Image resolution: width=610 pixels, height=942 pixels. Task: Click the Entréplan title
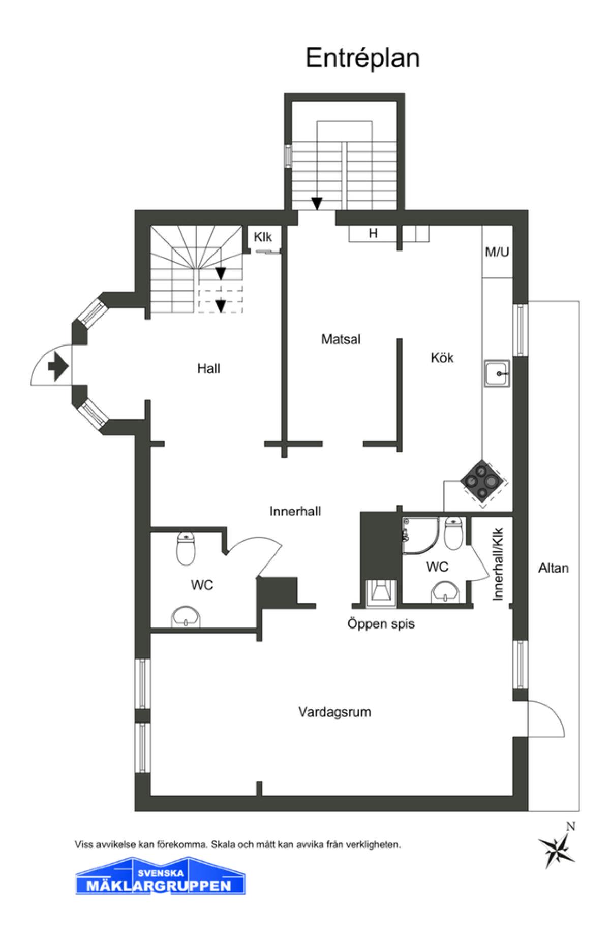click(x=362, y=59)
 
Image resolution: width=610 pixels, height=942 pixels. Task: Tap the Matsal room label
click(x=341, y=339)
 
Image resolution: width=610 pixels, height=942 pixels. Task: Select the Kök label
click(x=442, y=358)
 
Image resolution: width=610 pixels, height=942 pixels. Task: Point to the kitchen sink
click(x=497, y=374)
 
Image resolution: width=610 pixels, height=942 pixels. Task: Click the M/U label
click(x=497, y=252)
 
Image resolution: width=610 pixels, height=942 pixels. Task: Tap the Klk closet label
click(x=263, y=237)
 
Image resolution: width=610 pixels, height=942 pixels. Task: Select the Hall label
click(x=208, y=368)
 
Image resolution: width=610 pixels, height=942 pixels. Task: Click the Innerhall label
click(x=295, y=511)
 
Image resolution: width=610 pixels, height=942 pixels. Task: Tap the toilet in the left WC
click(x=186, y=549)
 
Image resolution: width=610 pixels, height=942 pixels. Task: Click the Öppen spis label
click(x=381, y=623)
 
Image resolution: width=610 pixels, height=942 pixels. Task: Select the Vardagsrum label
click(x=334, y=712)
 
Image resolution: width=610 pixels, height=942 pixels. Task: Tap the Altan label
click(x=553, y=568)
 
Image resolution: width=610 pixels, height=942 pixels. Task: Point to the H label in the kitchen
click(x=373, y=233)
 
